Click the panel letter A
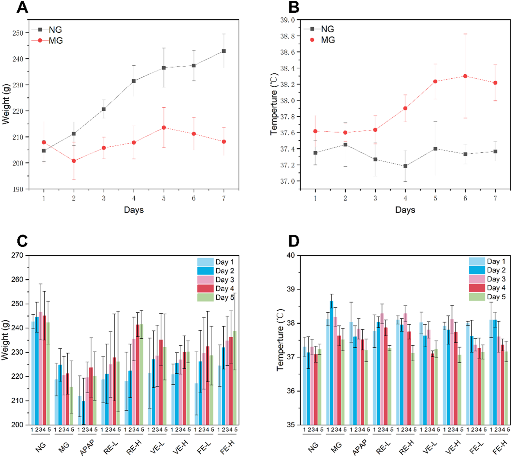point(22,8)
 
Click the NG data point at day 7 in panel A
point(224,51)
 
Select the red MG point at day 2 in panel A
point(74,161)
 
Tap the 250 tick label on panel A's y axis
point(18,33)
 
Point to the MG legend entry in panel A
point(55,41)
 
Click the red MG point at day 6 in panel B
point(465,76)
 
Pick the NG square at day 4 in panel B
point(405,166)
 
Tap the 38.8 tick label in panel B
point(287,36)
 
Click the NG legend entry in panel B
point(327,29)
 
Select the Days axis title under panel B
point(405,210)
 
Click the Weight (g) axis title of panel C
point(5,340)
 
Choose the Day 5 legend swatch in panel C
point(205,297)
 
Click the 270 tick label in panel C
point(17,255)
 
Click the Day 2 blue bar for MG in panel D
point(331,362)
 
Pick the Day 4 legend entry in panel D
point(496,288)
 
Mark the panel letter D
point(294,241)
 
